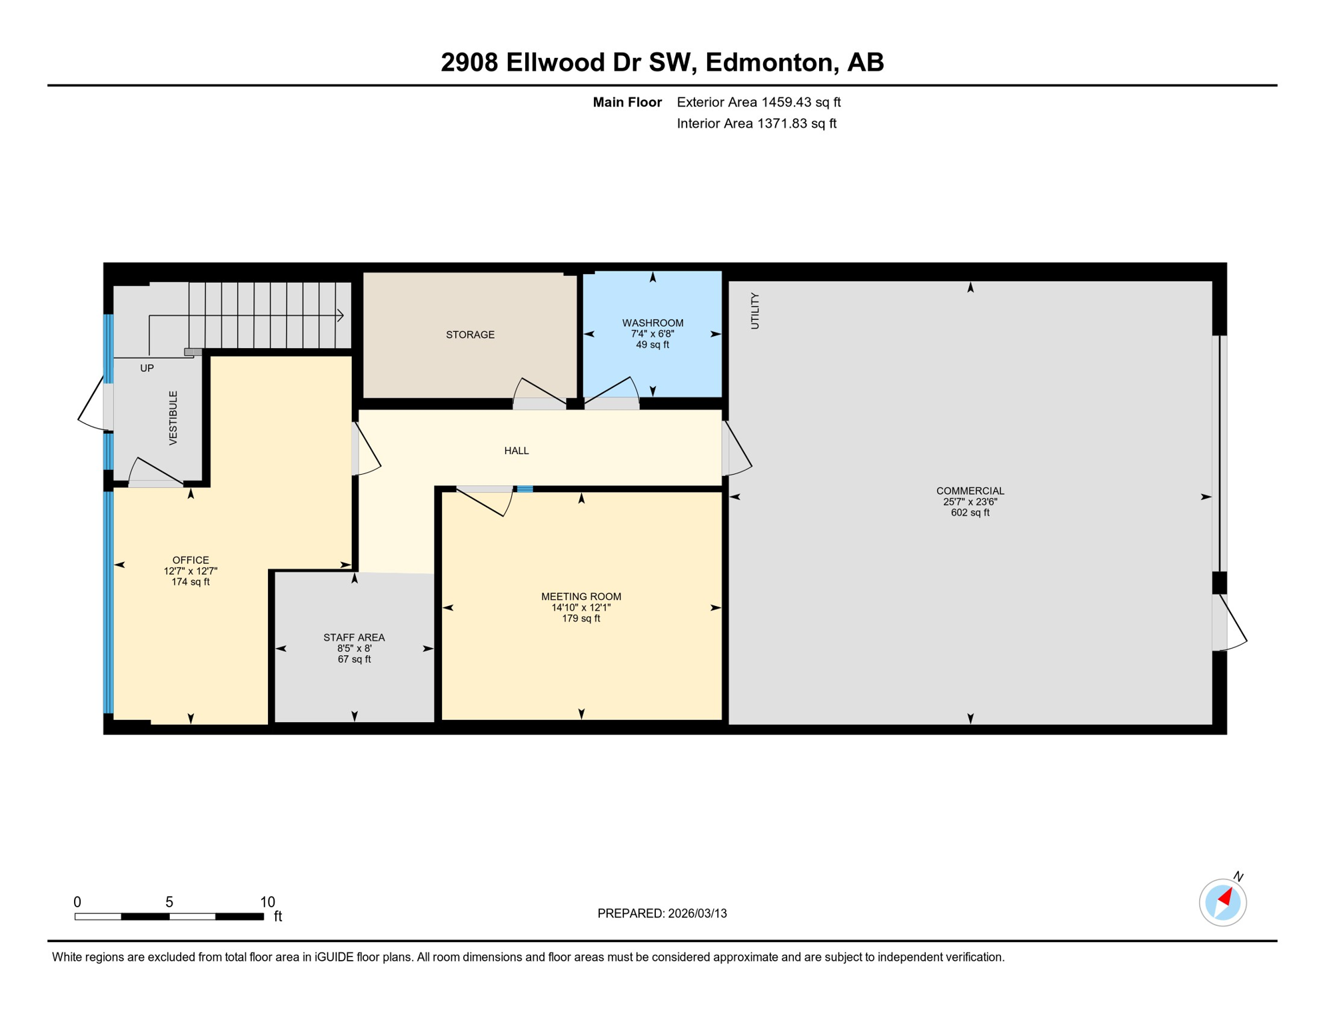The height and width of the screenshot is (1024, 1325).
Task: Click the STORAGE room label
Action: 470,335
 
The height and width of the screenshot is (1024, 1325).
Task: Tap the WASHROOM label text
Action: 653,323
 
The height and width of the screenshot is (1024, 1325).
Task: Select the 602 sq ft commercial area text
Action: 970,513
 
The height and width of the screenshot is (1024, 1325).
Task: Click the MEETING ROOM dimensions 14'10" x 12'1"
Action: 581,607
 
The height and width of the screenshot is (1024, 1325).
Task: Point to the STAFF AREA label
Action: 354,637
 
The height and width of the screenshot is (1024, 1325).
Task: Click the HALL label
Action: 516,451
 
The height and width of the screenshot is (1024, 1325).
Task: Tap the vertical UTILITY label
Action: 754,311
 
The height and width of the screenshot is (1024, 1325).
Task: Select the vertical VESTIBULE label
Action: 173,418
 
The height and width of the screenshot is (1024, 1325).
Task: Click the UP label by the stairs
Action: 147,368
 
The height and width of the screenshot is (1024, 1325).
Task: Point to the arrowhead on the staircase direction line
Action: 341,315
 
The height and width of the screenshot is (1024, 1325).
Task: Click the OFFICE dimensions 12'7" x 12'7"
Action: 191,571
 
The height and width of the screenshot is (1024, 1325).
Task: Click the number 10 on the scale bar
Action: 267,902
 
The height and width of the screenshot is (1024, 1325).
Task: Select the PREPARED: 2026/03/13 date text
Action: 662,913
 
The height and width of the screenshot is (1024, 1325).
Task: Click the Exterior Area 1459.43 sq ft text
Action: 758,102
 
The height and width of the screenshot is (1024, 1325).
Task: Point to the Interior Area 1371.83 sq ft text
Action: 756,123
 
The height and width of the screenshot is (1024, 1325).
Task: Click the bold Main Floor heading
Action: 627,102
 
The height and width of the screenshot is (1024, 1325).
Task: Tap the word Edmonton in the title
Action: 769,62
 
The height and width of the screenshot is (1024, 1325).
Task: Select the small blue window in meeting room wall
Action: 525,489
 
